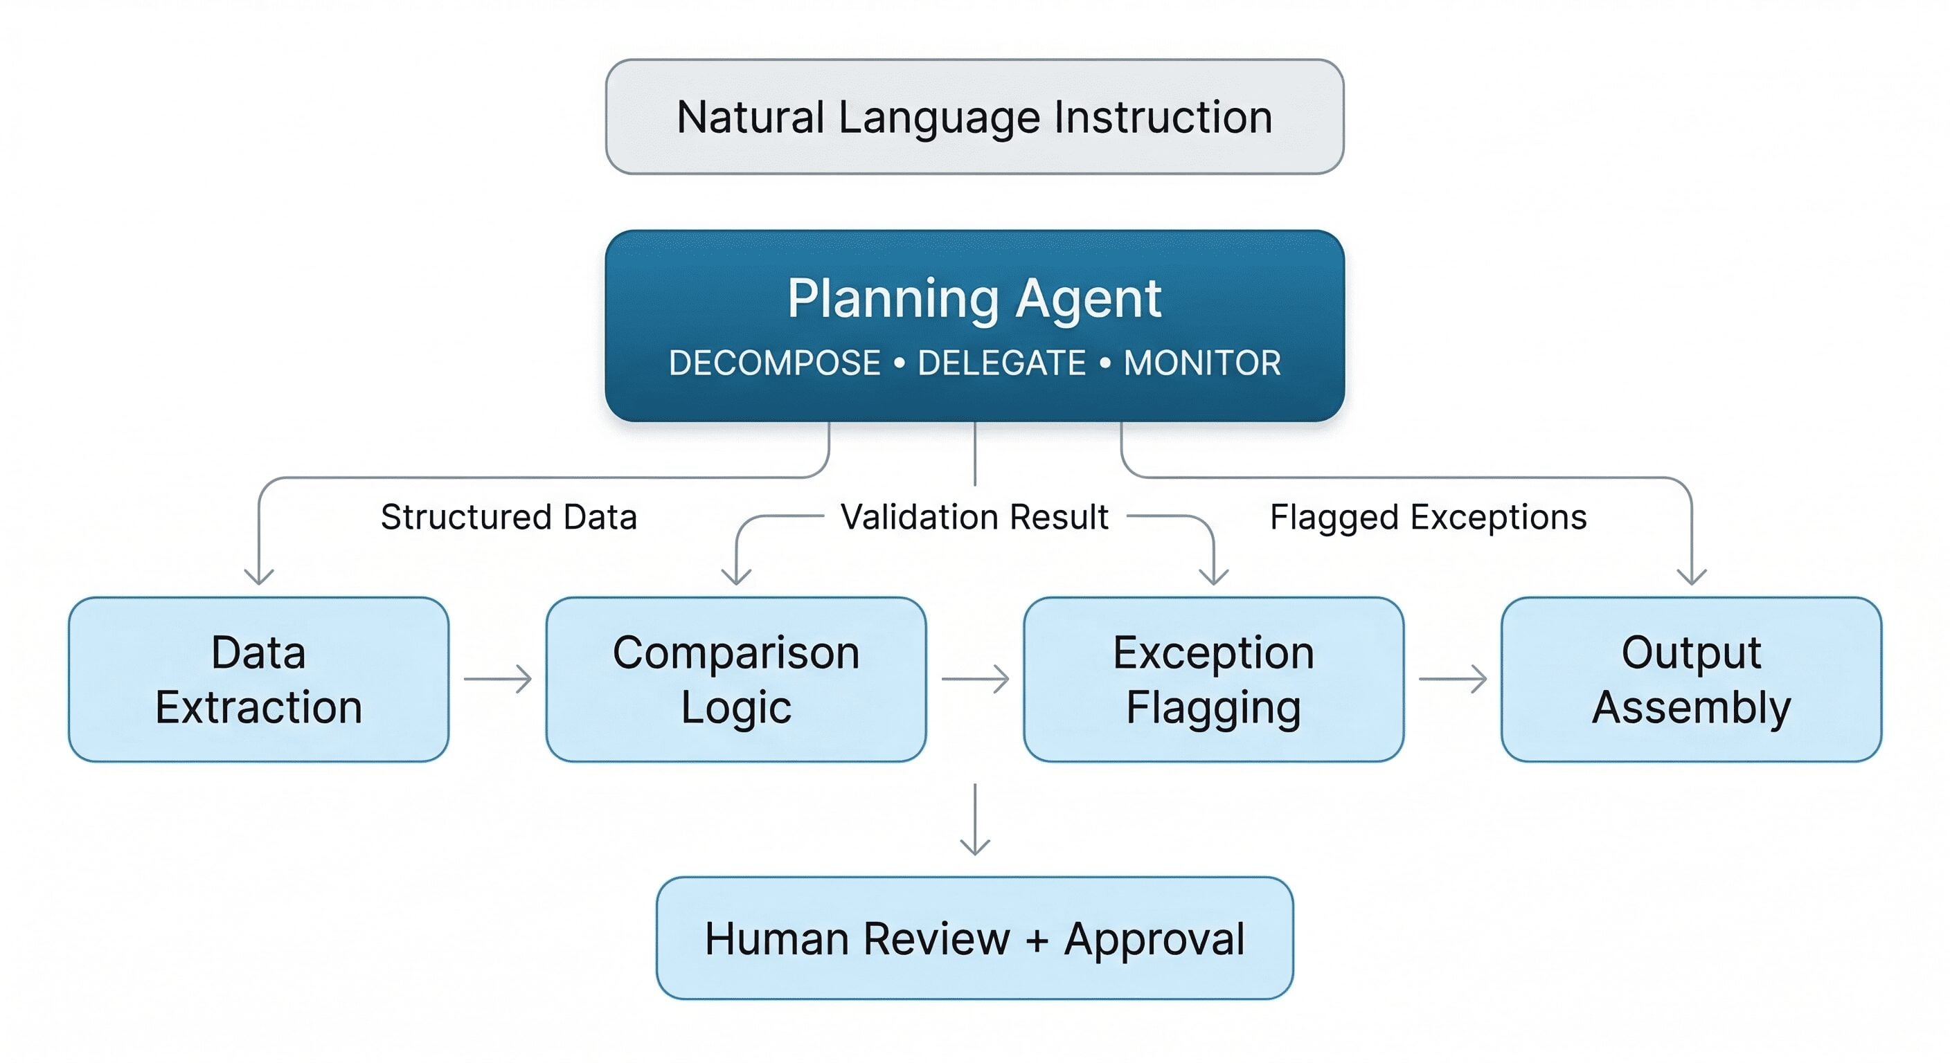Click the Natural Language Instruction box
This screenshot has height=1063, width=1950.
974,117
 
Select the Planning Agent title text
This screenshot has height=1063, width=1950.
974,298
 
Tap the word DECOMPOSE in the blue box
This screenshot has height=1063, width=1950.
773,363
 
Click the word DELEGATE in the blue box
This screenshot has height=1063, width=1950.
1001,363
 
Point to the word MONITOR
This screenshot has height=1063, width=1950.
1201,363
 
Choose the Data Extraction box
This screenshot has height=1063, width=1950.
258,679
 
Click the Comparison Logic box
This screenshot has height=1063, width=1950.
736,679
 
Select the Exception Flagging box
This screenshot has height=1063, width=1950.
1213,679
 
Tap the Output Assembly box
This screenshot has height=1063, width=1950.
1691,679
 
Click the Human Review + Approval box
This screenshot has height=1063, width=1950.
974,938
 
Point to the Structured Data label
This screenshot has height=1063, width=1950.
508,518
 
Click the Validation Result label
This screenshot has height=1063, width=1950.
974,518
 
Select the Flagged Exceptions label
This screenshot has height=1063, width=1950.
1428,518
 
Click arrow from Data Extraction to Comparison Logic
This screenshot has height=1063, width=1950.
497,679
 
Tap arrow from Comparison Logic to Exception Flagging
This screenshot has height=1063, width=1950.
975,679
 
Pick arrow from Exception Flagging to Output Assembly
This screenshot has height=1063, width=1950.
1452,679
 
